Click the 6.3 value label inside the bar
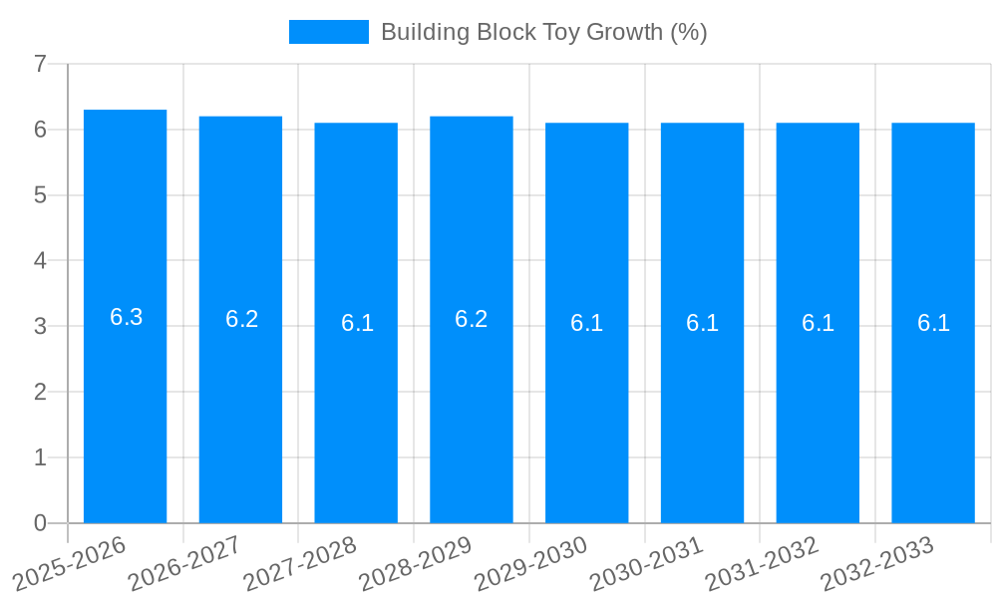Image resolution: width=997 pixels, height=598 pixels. [x=126, y=317]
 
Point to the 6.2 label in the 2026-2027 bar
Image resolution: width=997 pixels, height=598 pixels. [x=241, y=319]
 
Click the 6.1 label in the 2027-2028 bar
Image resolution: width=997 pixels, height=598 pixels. [x=357, y=323]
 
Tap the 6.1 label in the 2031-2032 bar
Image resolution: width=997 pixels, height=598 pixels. [x=818, y=323]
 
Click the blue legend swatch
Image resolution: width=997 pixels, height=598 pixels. [x=328, y=32]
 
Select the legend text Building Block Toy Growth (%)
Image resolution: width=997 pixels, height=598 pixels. [x=543, y=32]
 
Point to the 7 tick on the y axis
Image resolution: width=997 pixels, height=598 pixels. [x=40, y=65]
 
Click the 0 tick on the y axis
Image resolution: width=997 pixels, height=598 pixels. [x=40, y=523]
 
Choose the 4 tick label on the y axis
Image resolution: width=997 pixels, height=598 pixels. [x=40, y=261]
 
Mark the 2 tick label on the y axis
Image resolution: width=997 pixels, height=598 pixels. [x=40, y=392]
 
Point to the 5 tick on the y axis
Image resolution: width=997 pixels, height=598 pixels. [x=40, y=195]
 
